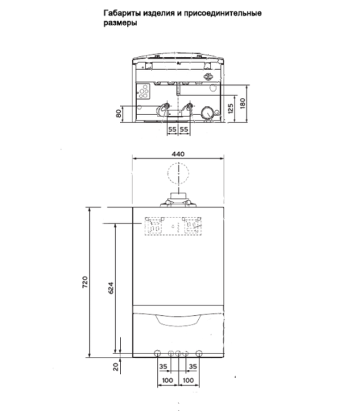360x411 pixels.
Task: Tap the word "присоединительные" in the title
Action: coord(225,13)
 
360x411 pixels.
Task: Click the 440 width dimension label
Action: coord(178,155)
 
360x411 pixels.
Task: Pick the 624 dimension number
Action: coord(110,288)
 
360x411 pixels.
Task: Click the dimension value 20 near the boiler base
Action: coord(115,367)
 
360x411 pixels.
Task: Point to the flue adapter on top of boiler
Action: coord(178,201)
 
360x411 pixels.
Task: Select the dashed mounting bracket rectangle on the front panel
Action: coord(173,226)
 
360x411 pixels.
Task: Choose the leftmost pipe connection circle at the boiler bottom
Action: coord(157,355)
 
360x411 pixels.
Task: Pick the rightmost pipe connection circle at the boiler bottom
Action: coord(199,355)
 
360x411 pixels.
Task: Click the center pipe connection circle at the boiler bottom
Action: coord(178,355)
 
